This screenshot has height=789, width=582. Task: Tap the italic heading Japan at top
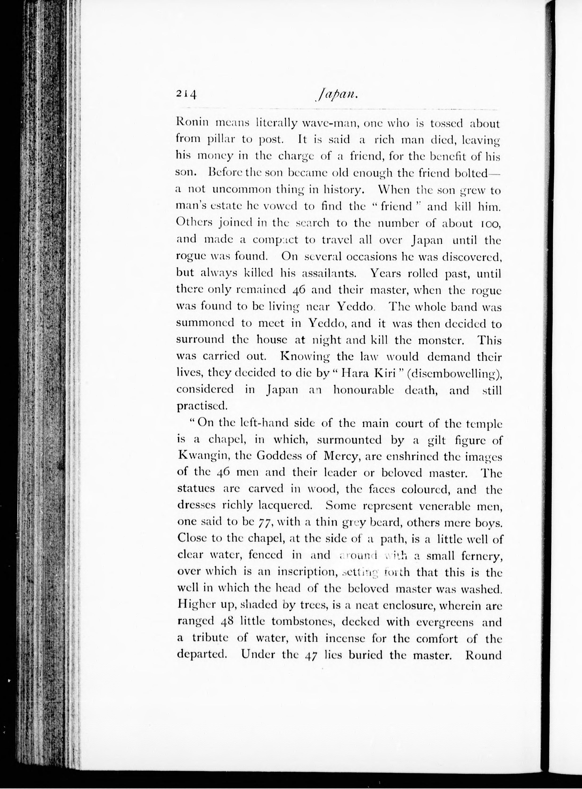(337, 95)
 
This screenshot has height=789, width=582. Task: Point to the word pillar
(221, 140)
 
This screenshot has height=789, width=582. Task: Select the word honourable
(363, 390)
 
